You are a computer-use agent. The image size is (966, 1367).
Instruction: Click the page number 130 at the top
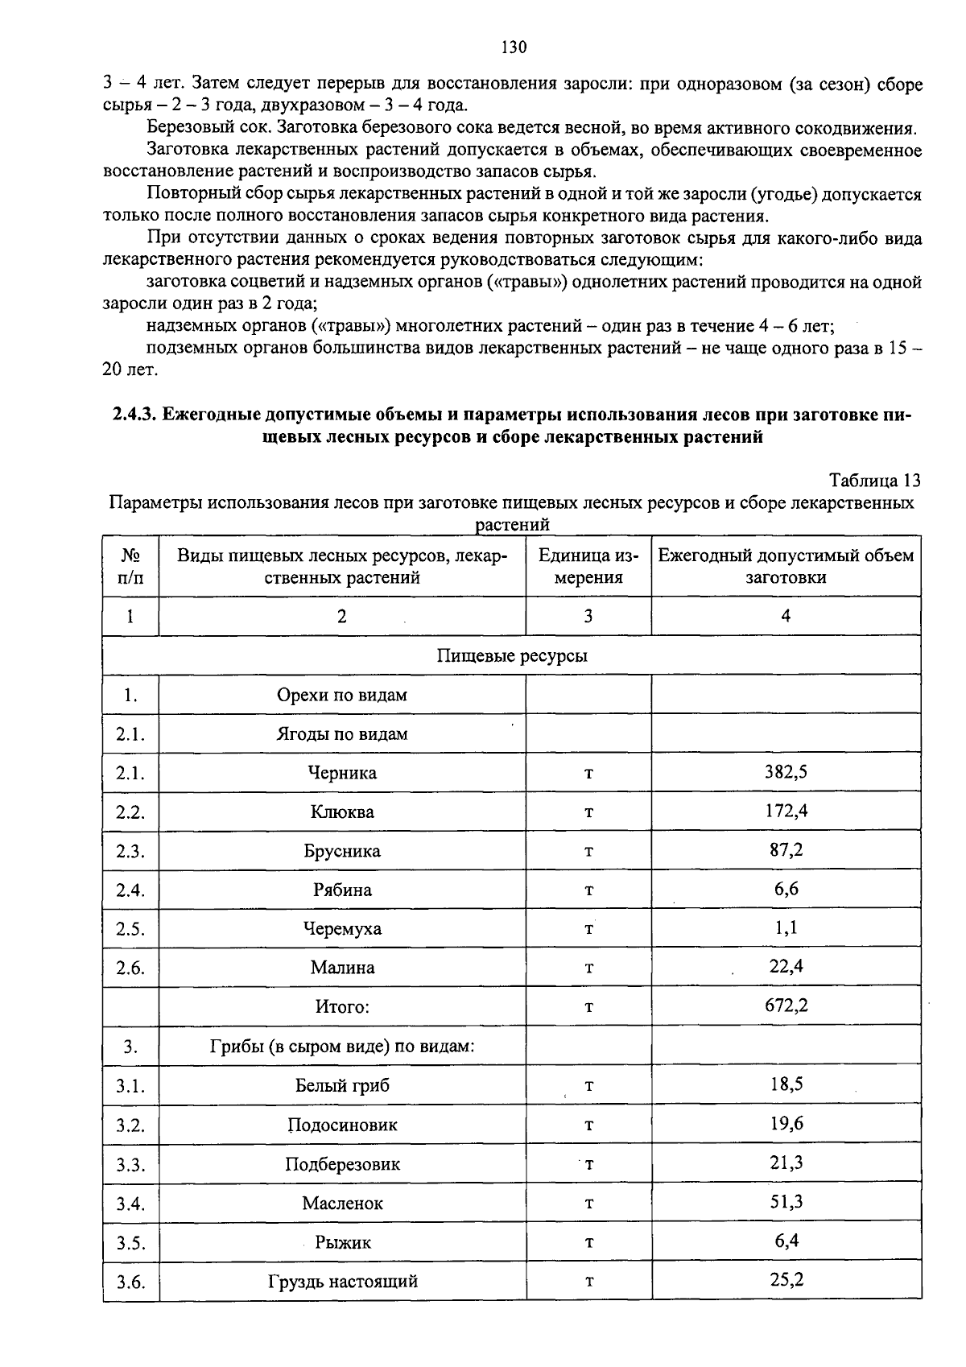click(514, 47)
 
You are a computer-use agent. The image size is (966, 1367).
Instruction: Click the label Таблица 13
click(874, 481)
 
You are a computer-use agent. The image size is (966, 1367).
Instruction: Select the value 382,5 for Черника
click(786, 772)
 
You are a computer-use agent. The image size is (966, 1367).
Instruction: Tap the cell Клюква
click(342, 812)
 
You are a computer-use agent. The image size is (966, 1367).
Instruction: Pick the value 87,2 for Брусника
click(786, 850)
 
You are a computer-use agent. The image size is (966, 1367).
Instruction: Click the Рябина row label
click(342, 890)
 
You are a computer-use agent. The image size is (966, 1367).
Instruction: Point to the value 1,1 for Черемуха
click(786, 928)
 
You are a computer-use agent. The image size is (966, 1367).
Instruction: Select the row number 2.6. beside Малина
click(130, 968)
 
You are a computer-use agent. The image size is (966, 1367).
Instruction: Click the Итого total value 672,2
click(786, 1006)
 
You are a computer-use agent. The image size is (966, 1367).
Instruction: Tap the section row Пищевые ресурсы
click(512, 655)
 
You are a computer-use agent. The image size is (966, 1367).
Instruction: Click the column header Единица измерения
click(588, 566)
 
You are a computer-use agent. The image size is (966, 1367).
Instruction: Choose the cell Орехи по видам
click(342, 695)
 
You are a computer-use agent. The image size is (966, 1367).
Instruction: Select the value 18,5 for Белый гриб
click(786, 1084)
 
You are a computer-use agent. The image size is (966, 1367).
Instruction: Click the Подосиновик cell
click(342, 1125)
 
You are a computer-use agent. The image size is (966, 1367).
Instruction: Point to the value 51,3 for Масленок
click(786, 1202)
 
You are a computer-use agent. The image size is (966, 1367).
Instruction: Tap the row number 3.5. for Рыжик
click(130, 1243)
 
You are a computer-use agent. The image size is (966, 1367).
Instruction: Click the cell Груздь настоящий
click(342, 1282)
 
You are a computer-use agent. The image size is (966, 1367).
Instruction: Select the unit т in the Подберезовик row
click(588, 1164)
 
